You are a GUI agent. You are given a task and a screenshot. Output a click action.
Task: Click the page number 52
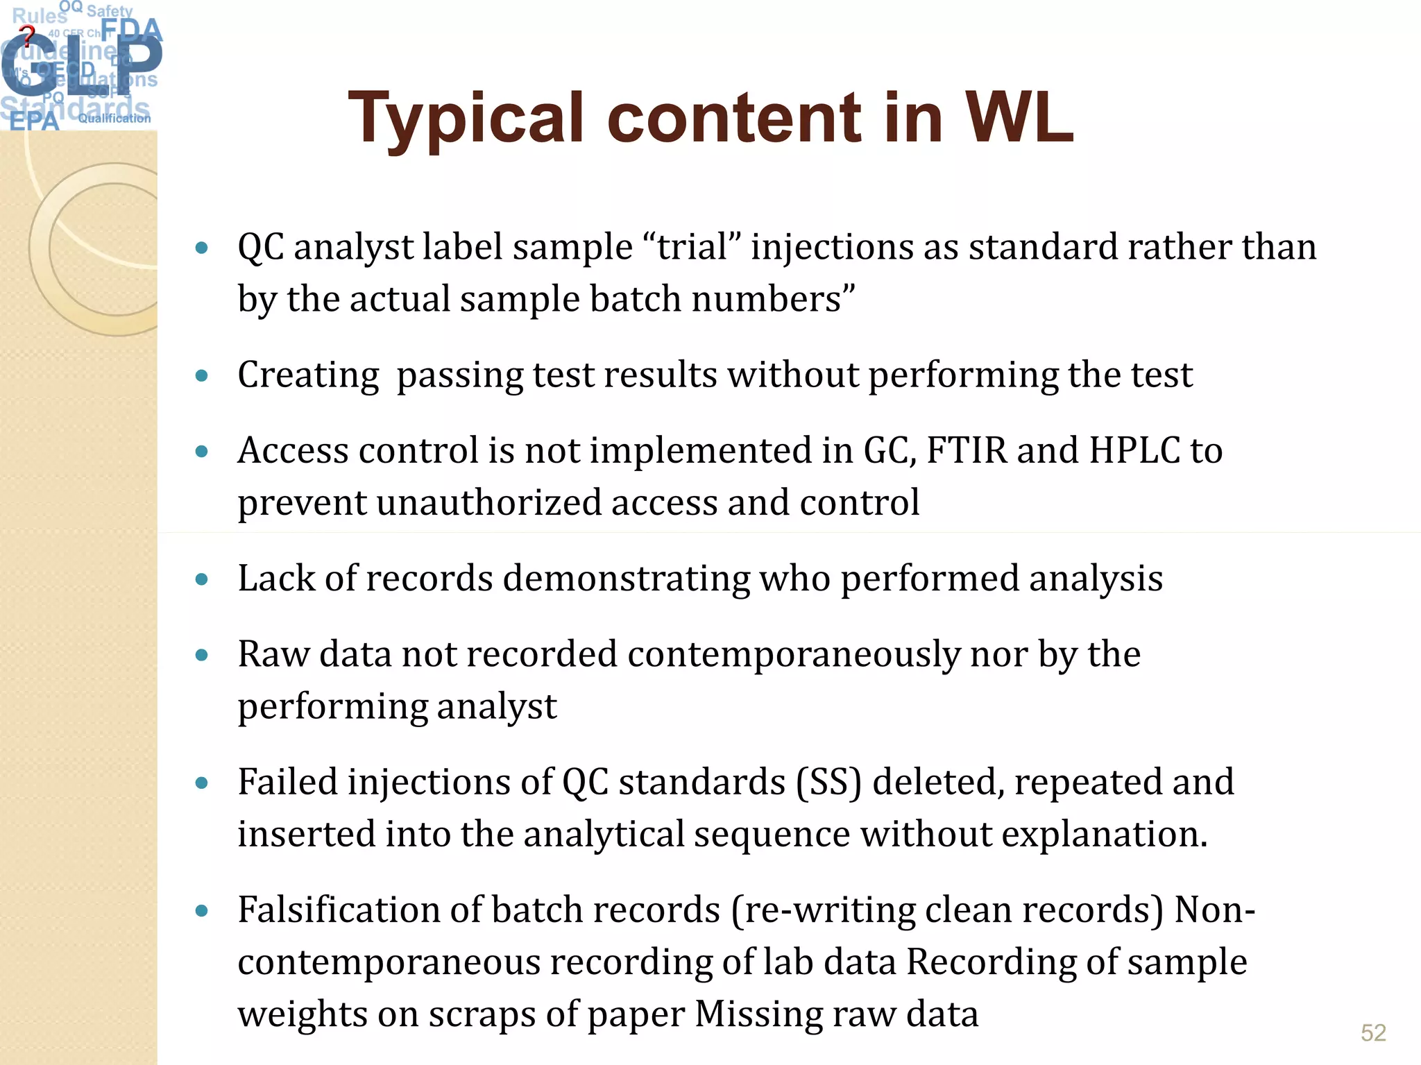pyautogui.click(x=1373, y=1033)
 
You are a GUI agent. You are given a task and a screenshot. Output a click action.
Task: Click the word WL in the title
pyautogui.click(x=1019, y=117)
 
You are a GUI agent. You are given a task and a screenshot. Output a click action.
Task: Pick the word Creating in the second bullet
pyautogui.click(x=308, y=375)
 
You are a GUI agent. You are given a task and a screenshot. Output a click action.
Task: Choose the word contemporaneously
pyautogui.click(x=793, y=654)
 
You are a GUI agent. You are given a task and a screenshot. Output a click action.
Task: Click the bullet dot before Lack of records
pyautogui.click(x=202, y=579)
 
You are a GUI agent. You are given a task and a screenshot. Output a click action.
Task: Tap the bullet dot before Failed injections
pyautogui.click(x=202, y=783)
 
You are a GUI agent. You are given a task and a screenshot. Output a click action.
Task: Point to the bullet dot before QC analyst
pyautogui.click(x=202, y=248)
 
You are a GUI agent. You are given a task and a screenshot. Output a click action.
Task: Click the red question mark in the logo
pyautogui.click(x=26, y=35)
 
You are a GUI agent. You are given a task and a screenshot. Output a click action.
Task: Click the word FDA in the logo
pyautogui.click(x=132, y=31)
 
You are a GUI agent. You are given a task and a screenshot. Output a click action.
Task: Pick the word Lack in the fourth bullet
pyautogui.click(x=276, y=578)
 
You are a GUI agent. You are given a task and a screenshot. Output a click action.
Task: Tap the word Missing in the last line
pyautogui.click(x=758, y=1014)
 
